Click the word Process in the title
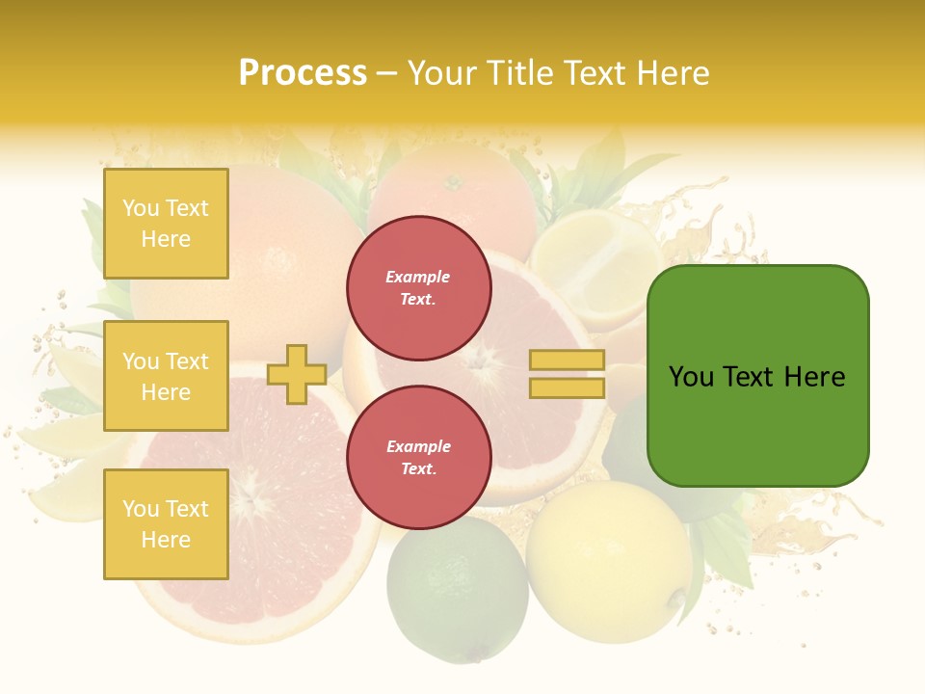click(303, 73)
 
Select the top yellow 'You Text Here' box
click(166, 224)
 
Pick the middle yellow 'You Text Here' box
click(166, 376)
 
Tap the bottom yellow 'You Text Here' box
click(166, 524)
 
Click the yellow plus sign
click(297, 374)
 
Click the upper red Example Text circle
click(419, 288)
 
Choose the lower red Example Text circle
click(419, 457)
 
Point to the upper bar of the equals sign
click(568, 360)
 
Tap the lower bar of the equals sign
click(568, 387)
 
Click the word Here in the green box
click(814, 377)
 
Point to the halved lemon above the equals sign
click(590, 265)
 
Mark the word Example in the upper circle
click(418, 277)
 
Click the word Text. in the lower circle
click(418, 468)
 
